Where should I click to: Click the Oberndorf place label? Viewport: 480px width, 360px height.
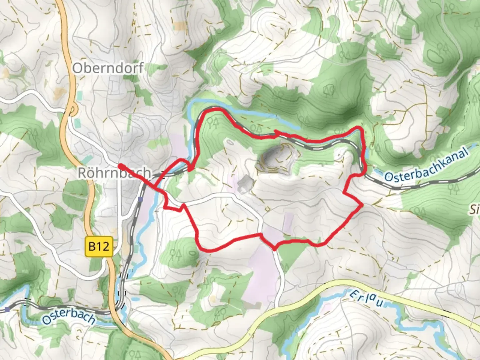(108, 68)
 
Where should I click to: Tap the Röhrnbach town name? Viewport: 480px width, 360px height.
(114, 173)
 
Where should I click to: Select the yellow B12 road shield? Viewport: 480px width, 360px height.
(99, 247)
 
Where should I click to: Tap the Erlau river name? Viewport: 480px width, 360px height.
(366, 298)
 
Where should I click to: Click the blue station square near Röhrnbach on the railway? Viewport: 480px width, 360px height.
(140, 199)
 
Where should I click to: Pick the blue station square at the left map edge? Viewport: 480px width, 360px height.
(7, 310)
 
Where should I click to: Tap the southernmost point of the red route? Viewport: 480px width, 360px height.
(274, 249)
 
